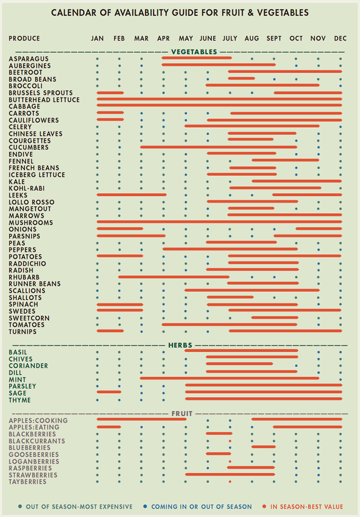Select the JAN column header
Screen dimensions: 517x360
tap(97, 39)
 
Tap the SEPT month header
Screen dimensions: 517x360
tap(274, 39)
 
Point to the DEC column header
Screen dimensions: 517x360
tap(340, 39)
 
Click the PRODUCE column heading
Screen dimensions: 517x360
tap(24, 39)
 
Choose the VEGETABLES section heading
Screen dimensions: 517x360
tap(194, 52)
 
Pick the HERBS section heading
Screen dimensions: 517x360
tap(180, 345)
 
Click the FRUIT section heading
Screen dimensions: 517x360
tap(182, 414)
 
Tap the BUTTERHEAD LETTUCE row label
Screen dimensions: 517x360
tap(44, 100)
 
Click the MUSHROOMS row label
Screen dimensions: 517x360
tap(31, 223)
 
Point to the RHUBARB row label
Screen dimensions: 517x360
tap(24, 277)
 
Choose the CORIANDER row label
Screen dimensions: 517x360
tap(28, 366)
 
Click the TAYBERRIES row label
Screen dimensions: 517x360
tap(27, 482)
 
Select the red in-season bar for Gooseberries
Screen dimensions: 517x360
tap(218, 454)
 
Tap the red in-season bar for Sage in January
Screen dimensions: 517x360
tap(109, 392)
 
